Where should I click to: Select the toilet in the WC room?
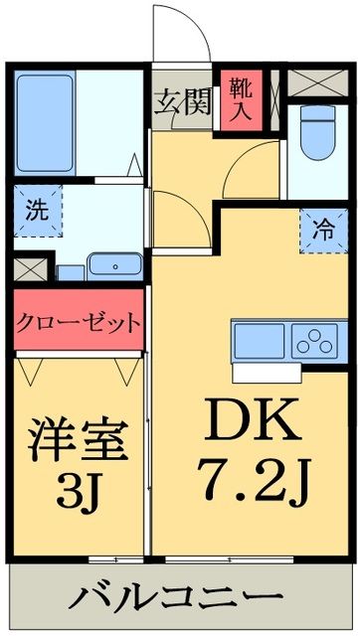317,138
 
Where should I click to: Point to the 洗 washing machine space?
36,211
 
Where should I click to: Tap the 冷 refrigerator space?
319,228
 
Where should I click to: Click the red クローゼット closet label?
78,324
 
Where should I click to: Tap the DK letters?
252,424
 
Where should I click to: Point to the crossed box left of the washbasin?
31,267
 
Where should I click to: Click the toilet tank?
317,112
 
